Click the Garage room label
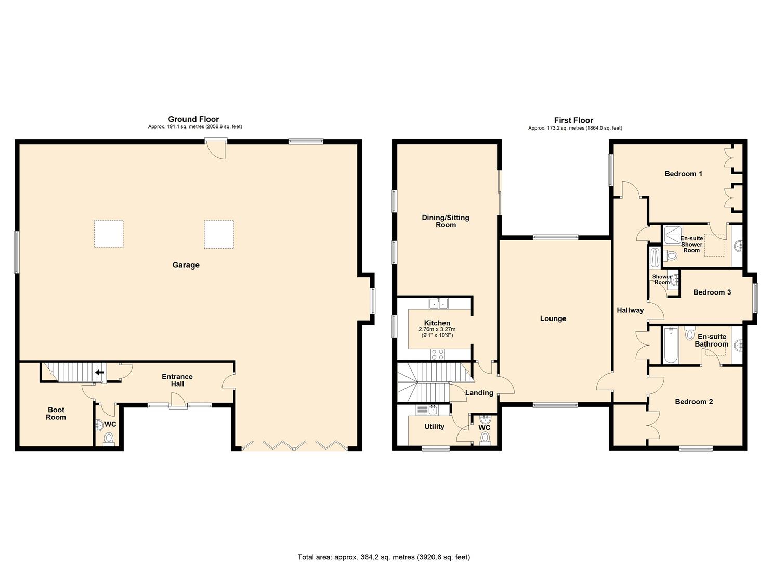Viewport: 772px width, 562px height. pyautogui.click(x=186, y=265)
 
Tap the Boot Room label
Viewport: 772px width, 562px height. pyautogui.click(x=56, y=414)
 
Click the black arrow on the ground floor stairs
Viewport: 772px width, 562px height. pyautogui.click(x=99, y=372)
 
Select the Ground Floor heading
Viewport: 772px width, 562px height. pyautogui.click(x=193, y=119)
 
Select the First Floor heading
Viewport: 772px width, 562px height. pyautogui.click(x=573, y=120)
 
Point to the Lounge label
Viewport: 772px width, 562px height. pyautogui.click(x=553, y=318)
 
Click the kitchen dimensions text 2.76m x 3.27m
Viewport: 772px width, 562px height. pyautogui.click(x=437, y=329)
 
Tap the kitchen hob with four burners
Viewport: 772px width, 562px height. pyautogui.click(x=438, y=354)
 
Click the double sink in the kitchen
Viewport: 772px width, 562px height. pyautogui.click(x=439, y=303)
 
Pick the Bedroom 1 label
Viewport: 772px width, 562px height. pyautogui.click(x=683, y=174)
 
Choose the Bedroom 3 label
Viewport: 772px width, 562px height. pyautogui.click(x=712, y=292)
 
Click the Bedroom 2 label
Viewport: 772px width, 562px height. pyautogui.click(x=694, y=402)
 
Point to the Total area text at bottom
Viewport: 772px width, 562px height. pyautogui.click(x=384, y=557)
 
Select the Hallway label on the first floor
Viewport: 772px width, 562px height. pyautogui.click(x=630, y=310)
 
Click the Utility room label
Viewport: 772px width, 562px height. pyautogui.click(x=434, y=427)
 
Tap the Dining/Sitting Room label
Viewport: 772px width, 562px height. pyautogui.click(x=446, y=221)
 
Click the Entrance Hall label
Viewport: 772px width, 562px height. pyautogui.click(x=177, y=380)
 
